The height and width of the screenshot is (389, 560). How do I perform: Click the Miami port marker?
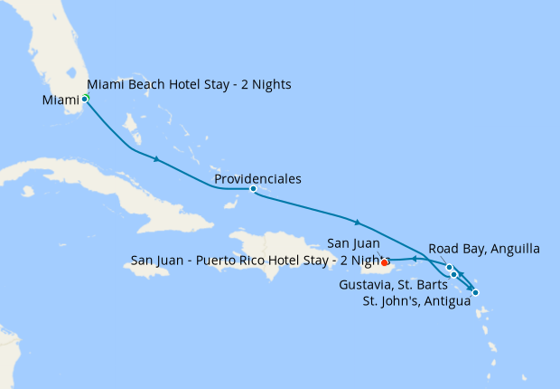pos(85,99)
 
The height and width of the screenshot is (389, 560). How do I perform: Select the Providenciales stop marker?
pos(253,189)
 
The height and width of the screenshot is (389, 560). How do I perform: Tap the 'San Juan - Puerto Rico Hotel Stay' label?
pos(257,260)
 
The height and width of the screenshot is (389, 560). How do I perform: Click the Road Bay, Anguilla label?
pos(483,248)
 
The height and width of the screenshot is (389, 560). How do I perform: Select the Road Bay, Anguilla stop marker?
pos(449,267)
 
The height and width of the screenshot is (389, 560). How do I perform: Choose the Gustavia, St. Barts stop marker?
pos(454,274)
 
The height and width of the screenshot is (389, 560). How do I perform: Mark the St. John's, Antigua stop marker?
pos(475,292)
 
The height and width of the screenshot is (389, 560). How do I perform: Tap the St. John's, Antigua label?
pos(415,301)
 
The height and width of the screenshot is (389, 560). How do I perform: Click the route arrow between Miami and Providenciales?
pos(157,159)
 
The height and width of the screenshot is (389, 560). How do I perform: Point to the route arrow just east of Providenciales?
pos(358,222)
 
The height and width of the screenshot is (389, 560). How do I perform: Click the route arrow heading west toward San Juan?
pos(413,259)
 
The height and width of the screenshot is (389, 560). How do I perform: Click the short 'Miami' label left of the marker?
pos(60,100)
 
